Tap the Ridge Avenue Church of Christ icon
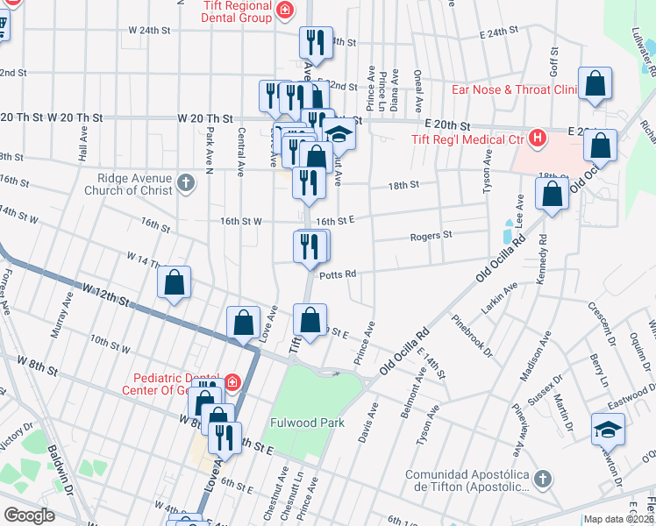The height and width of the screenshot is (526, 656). [x=184, y=182]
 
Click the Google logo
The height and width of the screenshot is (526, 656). [x=29, y=515]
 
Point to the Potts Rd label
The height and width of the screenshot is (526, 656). [x=338, y=274]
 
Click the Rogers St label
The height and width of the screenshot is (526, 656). [x=431, y=235]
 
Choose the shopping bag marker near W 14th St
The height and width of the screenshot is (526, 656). [x=175, y=282]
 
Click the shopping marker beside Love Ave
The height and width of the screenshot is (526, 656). [x=243, y=322]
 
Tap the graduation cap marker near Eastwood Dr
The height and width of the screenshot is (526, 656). [x=608, y=429]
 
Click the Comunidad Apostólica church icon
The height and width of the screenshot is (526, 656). [x=542, y=478]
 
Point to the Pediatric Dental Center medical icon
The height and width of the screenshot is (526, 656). [x=232, y=381]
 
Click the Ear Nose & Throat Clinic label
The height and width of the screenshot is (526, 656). [x=513, y=89]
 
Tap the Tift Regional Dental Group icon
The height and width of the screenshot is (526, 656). [x=284, y=10]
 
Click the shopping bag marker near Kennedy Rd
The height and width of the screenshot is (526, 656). [x=552, y=194]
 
